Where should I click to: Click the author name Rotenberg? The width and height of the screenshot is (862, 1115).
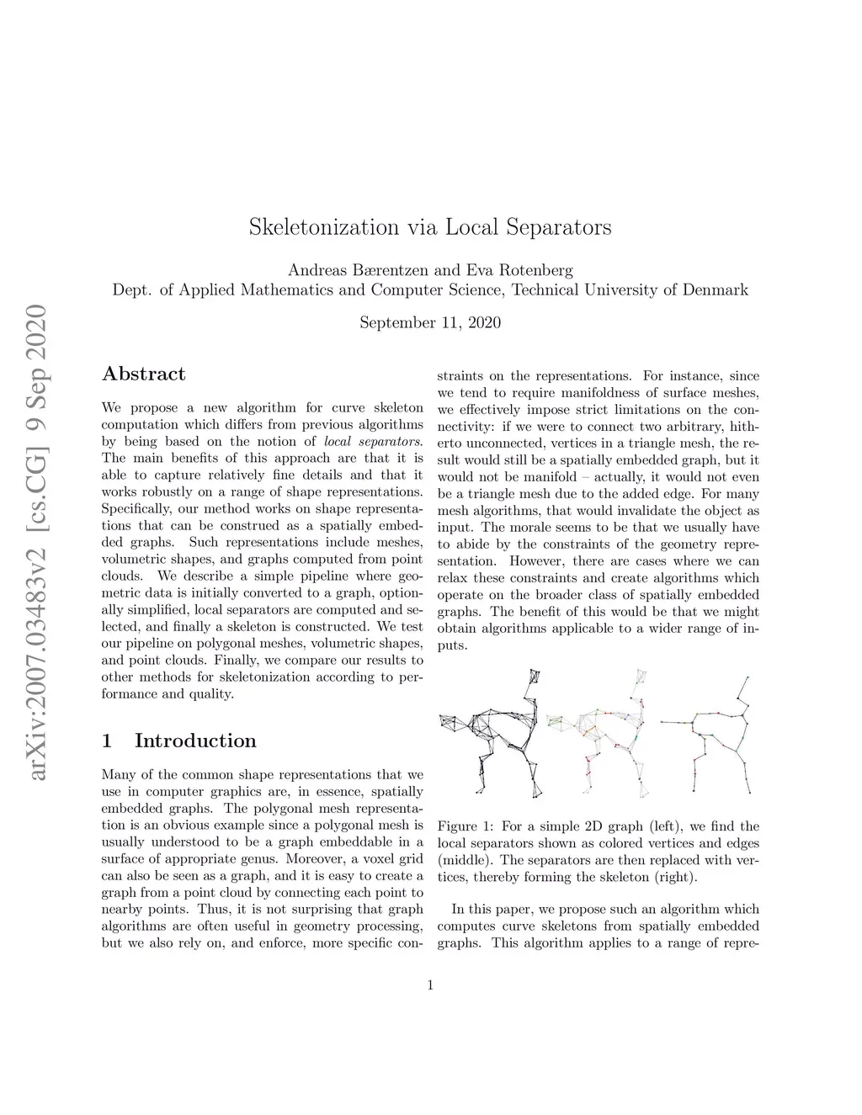[x=536, y=270]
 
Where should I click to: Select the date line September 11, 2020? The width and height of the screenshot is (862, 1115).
[x=430, y=322]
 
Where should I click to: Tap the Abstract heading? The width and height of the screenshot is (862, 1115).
[x=143, y=374]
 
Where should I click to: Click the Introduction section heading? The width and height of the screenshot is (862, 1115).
[x=195, y=741]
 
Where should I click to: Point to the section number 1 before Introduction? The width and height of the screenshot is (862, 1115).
[x=106, y=741]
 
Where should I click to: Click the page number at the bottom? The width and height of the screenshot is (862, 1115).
[x=430, y=985]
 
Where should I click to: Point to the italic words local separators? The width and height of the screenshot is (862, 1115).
[x=373, y=441]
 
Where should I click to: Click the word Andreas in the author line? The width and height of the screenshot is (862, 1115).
[x=318, y=270]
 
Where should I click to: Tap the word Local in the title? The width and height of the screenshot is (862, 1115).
[x=474, y=227]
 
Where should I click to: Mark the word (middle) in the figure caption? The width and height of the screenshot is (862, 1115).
[x=462, y=860]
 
